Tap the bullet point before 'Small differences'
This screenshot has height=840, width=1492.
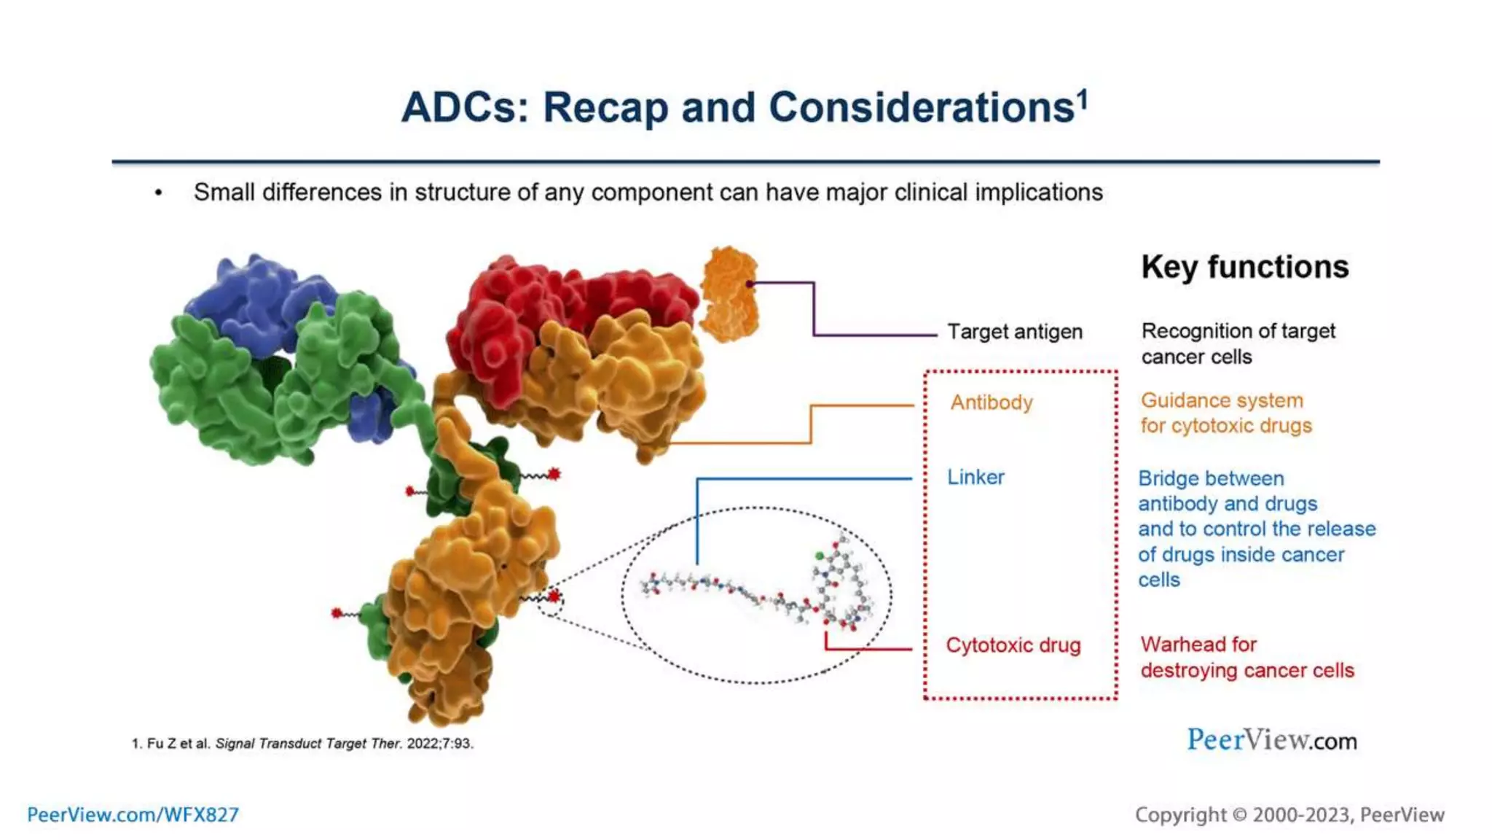[x=158, y=193]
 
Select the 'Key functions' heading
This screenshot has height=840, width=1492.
[x=1244, y=267]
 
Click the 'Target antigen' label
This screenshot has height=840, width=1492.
[x=1014, y=332]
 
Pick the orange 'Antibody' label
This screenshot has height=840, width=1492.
[x=991, y=402]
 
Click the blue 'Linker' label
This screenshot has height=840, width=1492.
[x=975, y=478]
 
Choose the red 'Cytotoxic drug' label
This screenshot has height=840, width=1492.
[x=1013, y=645]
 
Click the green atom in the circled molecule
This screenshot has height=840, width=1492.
[x=820, y=556]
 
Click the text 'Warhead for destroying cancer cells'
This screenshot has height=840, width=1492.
[x=1246, y=657]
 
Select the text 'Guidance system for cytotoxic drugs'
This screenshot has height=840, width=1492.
[x=1225, y=413]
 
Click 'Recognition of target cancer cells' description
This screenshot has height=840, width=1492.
[x=1237, y=343]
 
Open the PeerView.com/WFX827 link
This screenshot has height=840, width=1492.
[x=133, y=814]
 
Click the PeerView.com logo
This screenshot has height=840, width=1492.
[x=1271, y=740]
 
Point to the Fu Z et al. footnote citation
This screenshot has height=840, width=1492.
[x=302, y=744]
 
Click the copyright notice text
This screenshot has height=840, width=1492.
[x=1289, y=814]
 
